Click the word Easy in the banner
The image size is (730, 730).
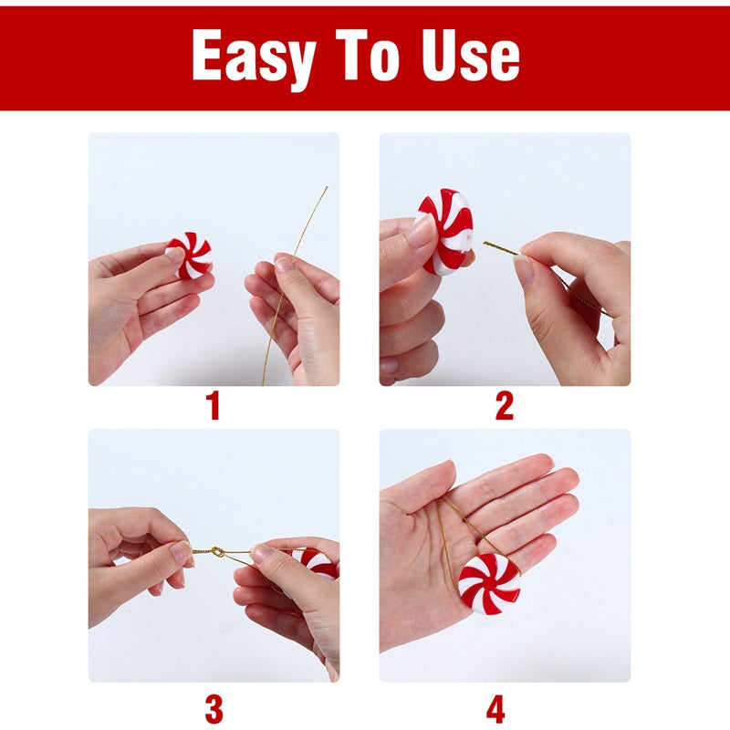[x=258, y=56]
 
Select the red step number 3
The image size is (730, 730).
[x=214, y=707]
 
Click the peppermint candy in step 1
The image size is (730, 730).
[x=191, y=255]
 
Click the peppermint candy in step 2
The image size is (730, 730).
[x=447, y=231]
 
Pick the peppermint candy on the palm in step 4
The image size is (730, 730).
[x=488, y=582]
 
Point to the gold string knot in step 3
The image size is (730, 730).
[x=218, y=551]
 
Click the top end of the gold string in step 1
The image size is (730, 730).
[x=326, y=188]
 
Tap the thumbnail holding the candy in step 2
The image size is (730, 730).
[x=422, y=231]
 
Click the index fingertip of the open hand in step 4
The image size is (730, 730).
[x=543, y=460]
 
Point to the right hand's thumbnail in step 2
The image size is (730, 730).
[x=524, y=270]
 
